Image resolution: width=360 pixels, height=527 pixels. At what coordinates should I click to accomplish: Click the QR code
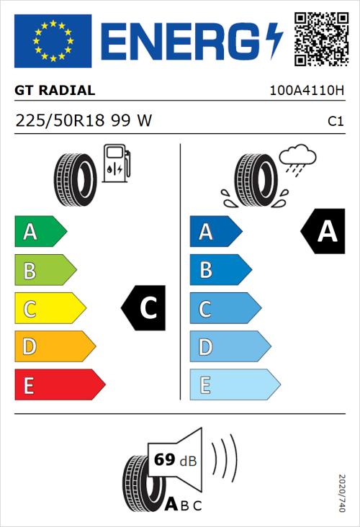tap(321, 39)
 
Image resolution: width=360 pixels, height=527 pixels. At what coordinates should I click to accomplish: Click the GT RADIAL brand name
tap(55, 91)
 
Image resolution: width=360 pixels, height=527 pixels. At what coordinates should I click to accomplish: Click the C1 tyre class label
tap(335, 122)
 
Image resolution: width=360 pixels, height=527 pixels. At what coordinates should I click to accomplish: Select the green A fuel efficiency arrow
tap(40, 232)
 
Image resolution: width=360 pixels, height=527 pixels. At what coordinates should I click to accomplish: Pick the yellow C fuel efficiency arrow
tap(50, 309)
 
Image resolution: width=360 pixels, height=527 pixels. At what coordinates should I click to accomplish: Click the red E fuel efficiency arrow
tap(59, 385)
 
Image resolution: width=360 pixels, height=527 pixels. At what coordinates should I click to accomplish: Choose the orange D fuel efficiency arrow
tap(55, 347)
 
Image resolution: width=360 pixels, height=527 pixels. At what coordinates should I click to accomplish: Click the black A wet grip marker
tap(320, 232)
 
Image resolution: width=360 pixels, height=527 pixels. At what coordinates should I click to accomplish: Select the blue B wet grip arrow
tap(220, 270)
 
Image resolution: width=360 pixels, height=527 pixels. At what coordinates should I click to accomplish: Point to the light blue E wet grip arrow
tap(234, 385)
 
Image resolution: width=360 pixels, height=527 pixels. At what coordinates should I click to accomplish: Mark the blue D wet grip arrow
tap(229, 347)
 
